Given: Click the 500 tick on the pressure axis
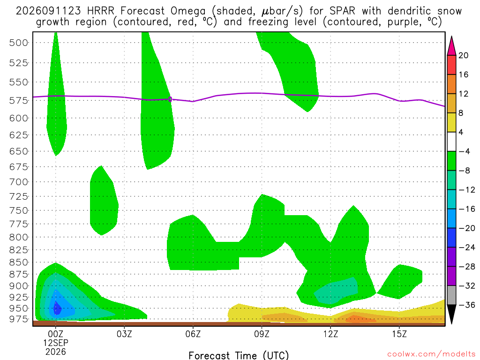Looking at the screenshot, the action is (19, 43).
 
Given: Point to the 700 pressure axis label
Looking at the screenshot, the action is (19, 182).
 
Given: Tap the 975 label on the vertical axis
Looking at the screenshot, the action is (19, 319).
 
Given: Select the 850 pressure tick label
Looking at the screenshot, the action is (19, 262).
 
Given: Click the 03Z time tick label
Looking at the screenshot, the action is (124, 334).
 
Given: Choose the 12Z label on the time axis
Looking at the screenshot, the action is (330, 334).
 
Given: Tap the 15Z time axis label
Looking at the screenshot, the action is (399, 334).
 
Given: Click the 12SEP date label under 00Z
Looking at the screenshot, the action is (55, 343).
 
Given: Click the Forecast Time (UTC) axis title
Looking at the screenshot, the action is (239, 355).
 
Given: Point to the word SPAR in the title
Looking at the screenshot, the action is (342, 11).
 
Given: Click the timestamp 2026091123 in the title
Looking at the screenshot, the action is (48, 11).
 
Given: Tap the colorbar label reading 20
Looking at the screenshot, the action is (463, 55).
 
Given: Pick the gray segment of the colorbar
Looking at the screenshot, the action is (451, 295).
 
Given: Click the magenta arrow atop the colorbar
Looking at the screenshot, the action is (451, 46).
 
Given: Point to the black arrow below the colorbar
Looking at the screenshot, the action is (451, 314).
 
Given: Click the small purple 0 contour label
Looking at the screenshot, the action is (170, 99).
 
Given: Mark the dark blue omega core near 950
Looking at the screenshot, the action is (57, 308).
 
